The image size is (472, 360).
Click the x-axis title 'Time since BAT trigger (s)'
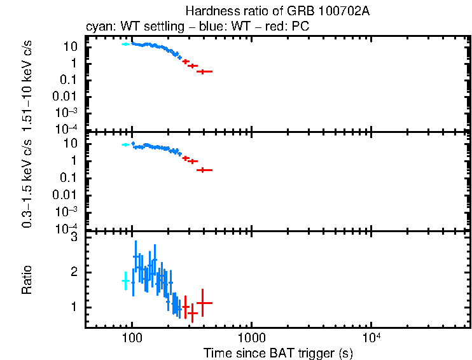[x=277, y=352]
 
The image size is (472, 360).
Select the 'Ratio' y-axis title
[x=27, y=280]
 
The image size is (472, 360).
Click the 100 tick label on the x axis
[x=132, y=338]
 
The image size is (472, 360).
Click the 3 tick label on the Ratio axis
[x=74, y=237]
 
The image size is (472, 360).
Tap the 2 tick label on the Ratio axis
[x=74, y=272]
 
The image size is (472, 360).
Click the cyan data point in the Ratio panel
[x=125, y=280]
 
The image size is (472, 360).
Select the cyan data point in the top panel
[x=125, y=45]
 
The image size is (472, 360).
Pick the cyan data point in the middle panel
[x=125, y=145]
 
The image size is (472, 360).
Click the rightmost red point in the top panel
[x=204, y=71]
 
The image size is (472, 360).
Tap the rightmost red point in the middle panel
[x=204, y=170]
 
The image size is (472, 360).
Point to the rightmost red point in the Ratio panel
[x=203, y=303]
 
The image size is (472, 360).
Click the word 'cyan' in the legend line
[x=96, y=27]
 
